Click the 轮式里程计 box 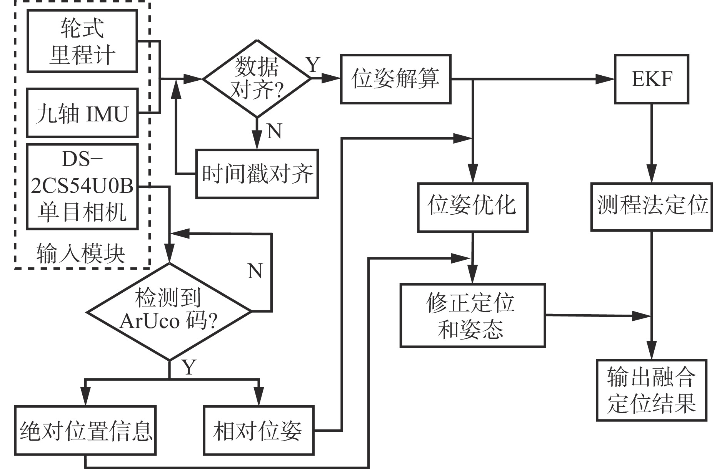(82, 41)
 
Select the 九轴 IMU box (82, 113)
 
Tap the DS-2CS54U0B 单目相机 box (82, 187)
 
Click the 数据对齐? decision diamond (257, 78)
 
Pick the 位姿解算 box (396, 79)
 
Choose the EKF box (652, 79)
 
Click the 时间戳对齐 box (257, 174)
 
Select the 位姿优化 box (473, 207)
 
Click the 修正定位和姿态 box (473, 315)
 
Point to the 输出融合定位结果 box (652, 390)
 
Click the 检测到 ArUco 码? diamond (170, 312)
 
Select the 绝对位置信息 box (85, 431)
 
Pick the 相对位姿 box (258, 431)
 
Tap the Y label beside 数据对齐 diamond (313, 65)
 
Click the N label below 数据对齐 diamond (274, 131)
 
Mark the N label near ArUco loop (255, 271)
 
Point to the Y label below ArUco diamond (188, 367)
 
